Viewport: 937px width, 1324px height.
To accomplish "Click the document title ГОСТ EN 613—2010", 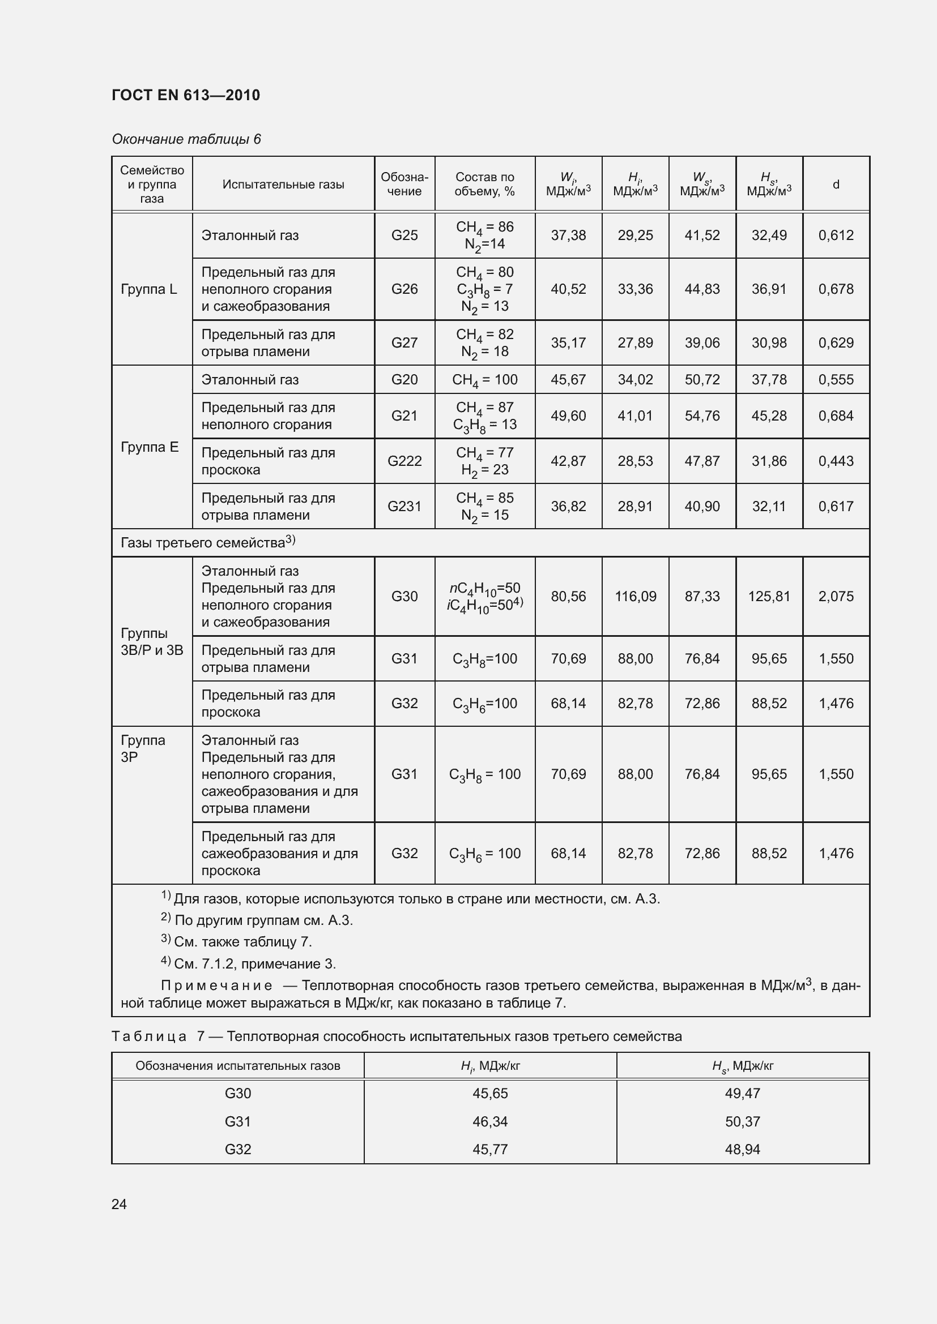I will [185, 95].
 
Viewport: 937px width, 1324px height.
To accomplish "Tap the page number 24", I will [119, 1204].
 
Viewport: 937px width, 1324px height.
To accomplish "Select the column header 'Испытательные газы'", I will [283, 185].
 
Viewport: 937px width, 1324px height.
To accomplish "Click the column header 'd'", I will [836, 185].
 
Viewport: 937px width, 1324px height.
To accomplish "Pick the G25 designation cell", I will [404, 235].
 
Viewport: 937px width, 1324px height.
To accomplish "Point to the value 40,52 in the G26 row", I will [568, 289].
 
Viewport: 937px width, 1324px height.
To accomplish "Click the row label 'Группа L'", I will [149, 289].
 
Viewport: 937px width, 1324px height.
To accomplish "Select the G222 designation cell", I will [404, 461].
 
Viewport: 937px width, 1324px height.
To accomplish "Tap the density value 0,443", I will [836, 461].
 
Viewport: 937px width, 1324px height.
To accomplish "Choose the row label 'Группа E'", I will [150, 447].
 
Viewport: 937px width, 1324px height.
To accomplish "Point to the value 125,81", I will [769, 596].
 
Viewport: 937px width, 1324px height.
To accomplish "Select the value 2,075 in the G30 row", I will [836, 596].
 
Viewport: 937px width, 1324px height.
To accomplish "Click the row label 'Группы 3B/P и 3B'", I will [151, 642].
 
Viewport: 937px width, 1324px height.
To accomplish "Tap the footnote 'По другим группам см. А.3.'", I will [263, 920].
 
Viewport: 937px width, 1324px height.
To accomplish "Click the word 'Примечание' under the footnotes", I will [216, 985].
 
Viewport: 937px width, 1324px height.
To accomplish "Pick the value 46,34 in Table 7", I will [490, 1121].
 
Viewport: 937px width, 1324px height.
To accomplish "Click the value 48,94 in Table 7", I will [742, 1149].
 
